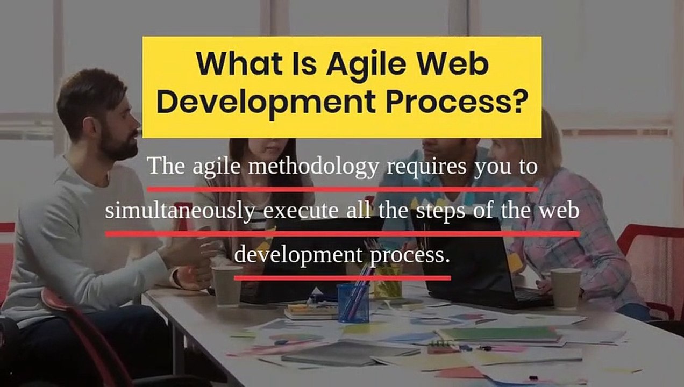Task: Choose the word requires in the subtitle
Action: [x=427, y=167]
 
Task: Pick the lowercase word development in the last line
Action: [x=300, y=255]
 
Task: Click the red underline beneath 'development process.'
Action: [x=342, y=278]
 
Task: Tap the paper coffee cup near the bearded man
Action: [x=227, y=286]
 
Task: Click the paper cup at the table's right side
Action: [x=566, y=288]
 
